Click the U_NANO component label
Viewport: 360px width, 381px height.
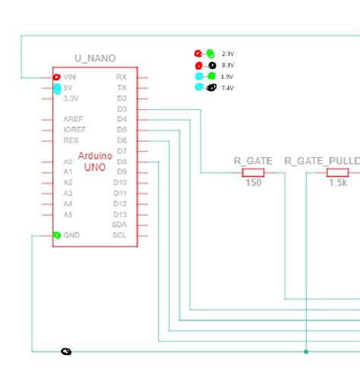tap(95, 58)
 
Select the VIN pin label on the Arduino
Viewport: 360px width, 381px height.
tap(70, 77)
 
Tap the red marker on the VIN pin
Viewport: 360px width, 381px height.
tap(56, 77)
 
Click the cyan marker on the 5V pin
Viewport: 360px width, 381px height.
tap(57, 89)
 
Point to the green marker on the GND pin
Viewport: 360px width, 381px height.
tap(57, 235)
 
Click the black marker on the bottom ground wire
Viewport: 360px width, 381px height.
tap(66, 351)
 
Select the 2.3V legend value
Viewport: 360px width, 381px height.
tap(228, 54)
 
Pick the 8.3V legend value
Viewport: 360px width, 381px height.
tap(228, 65)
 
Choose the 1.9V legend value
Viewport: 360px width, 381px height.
tap(228, 77)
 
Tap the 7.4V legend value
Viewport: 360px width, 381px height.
tap(228, 88)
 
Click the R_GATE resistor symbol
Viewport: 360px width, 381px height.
tap(253, 173)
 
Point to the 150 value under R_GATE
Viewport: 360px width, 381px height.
tap(254, 184)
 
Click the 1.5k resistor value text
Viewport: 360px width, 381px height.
tap(337, 184)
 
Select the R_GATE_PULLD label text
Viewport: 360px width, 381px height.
tap(322, 161)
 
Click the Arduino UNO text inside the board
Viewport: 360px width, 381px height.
tap(95, 161)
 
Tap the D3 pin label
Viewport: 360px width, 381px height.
tap(122, 109)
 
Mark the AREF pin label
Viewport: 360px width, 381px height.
tap(74, 120)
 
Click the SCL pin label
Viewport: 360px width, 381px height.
tap(120, 235)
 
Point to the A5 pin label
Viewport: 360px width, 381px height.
tap(68, 214)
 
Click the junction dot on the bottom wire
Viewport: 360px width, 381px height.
tap(306, 351)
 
